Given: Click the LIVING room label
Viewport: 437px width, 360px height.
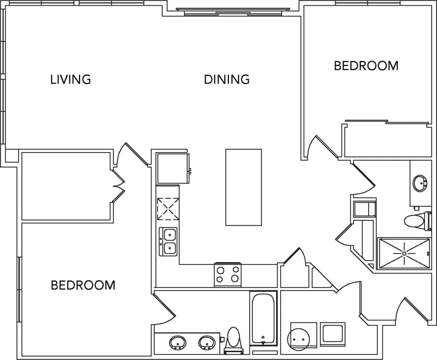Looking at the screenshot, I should point(71,79).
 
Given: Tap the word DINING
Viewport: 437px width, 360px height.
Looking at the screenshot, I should point(227,79).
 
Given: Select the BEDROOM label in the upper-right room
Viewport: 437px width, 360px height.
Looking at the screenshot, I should point(366,66).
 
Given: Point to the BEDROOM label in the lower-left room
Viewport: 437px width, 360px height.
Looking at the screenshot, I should point(83,285).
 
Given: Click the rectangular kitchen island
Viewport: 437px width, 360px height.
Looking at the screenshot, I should point(243,187).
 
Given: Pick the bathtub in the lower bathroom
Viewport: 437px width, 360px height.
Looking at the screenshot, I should point(263,318).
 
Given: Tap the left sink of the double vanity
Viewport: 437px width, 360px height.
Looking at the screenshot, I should point(178,343).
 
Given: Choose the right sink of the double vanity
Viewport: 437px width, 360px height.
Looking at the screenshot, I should point(207,343).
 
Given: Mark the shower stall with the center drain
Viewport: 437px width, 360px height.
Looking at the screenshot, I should point(404,253).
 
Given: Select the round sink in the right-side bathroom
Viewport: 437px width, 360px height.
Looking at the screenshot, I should point(421,183).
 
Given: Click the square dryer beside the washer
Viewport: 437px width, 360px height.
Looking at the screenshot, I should point(332,334).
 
